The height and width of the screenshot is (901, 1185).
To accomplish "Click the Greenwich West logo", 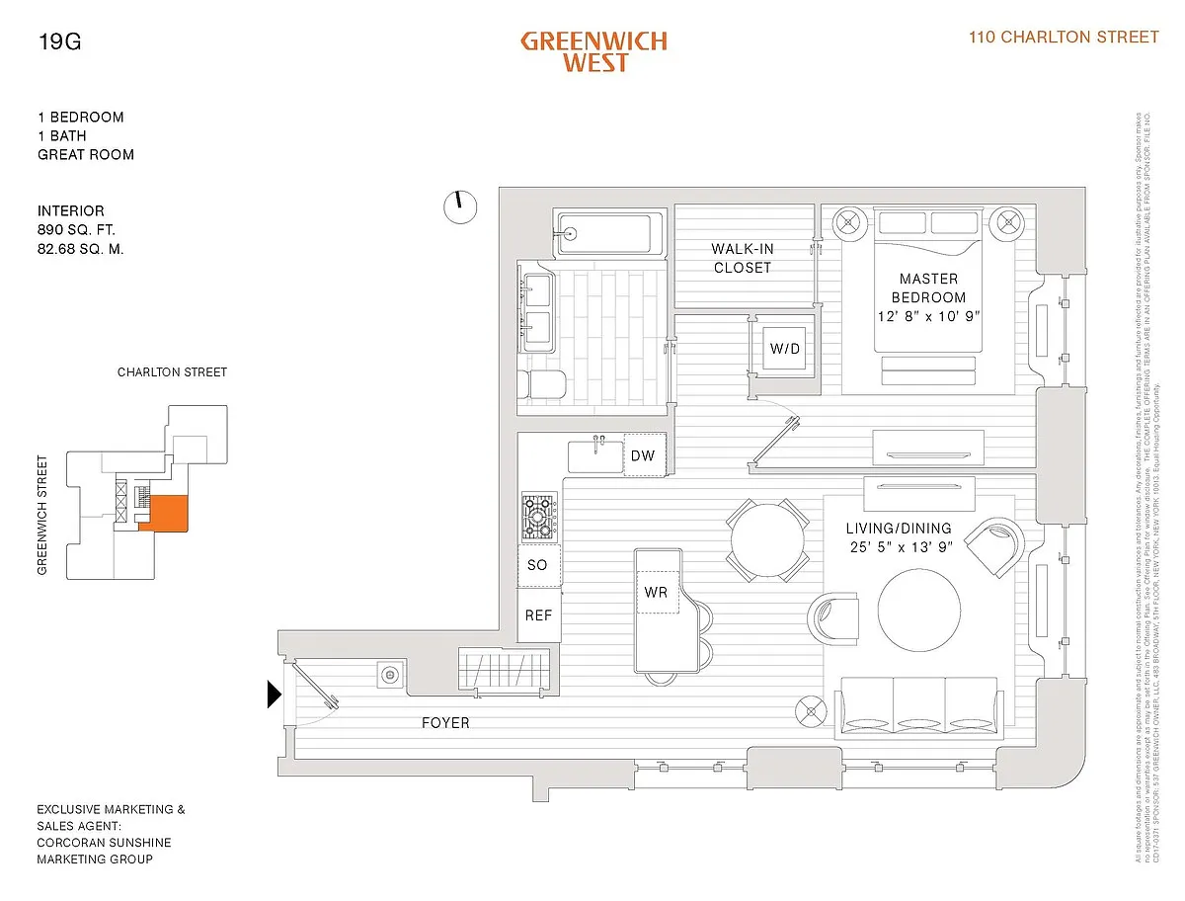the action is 593,52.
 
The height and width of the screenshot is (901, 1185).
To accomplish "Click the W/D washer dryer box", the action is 785,349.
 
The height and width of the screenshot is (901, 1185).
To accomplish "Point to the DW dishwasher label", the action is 643,456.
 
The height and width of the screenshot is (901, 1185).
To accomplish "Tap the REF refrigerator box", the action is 538,614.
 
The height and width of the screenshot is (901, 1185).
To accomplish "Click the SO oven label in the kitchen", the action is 537,565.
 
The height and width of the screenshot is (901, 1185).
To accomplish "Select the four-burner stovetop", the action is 540,514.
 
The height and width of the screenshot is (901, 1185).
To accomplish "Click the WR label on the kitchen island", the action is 657,593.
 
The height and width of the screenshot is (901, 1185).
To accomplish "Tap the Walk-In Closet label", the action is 743,259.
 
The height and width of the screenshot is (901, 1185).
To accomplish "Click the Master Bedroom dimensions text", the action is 927,316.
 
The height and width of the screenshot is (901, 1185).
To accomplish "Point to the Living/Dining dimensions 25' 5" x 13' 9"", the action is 899,547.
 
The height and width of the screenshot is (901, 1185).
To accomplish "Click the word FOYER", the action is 445,723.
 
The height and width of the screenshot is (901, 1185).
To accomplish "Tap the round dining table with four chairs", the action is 766,539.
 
